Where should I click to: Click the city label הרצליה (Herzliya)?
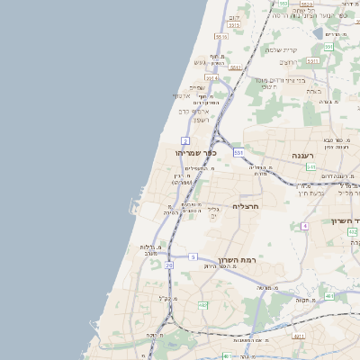click(x=246, y=206)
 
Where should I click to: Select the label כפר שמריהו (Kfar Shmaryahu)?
click(x=196, y=153)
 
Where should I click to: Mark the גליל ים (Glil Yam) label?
click(x=213, y=212)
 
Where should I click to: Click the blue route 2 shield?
click(x=185, y=140)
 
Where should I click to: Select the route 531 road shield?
click(x=238, y=153)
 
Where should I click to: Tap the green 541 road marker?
click(x=310, y=166)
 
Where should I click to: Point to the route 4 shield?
click(x=304, y=225)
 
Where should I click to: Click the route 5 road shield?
click(x=193, y=256)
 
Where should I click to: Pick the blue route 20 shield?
click(x=169, y=265)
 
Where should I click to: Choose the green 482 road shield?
click(x=353, y=232)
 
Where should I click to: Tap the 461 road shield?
click(x=329, y=295)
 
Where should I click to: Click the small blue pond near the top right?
click(x=318, y=33)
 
